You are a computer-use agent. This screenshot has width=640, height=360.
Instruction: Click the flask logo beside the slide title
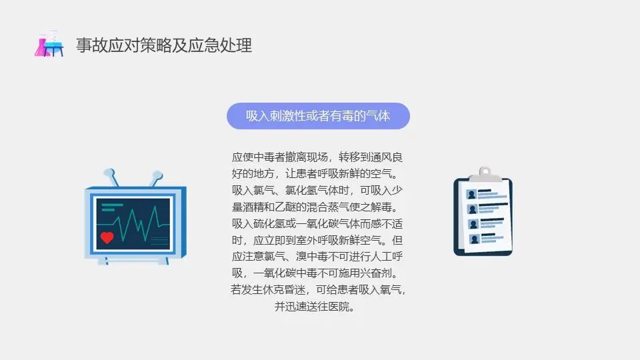point(49,45)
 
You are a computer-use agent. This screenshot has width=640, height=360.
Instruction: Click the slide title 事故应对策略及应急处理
point(164,45)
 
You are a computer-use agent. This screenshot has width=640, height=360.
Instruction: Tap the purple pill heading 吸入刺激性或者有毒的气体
point(318,116)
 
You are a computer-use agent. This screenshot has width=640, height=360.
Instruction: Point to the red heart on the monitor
point(107,237)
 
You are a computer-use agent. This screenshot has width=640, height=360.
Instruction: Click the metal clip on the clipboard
point(483,174)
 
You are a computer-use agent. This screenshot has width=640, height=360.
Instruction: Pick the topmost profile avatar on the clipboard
point(473,194)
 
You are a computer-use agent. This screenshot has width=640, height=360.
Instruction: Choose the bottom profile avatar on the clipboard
point(473,239)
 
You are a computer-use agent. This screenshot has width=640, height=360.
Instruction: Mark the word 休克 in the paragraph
point(277,290)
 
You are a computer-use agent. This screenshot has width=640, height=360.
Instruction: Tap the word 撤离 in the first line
point(295,157)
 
